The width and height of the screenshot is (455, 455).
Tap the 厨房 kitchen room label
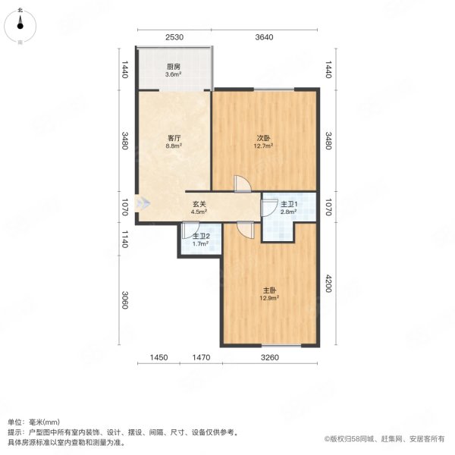click(174, 66)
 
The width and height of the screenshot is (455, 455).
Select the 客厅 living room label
click(174, 139)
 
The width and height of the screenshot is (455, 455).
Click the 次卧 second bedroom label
click(263, 139)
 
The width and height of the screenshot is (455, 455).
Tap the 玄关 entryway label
click(198, 203)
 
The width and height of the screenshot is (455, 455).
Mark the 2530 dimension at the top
click(174, 37)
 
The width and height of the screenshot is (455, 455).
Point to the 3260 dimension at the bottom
click(270, 357)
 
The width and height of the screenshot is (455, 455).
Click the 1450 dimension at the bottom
click(158, 357)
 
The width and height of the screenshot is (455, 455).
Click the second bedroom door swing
click(241, 184)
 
